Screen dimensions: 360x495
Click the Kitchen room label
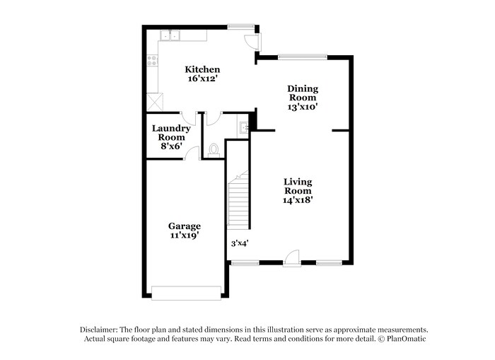pyautogui.click(x=202, y=69)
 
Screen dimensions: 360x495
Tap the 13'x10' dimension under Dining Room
pyautogui.click(x=302, y=108)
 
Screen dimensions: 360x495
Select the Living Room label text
pyautogui.click(x=298, y=186)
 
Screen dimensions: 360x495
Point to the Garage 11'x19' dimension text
pyautogui.click(x=183, y=236)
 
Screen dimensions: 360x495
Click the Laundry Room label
pyautogui.click(x=171, y=133)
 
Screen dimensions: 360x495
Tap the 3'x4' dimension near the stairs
pyautogui.click(x=239, y=244)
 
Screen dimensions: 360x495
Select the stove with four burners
pyautogui.click(x=151, y=62)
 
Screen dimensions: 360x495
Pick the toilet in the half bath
pyautogui.click(x=214, y=149)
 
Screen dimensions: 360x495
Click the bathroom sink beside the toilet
pyautogui.click(x=244, y=128)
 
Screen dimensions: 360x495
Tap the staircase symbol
pyautogui.click(x=238, y=200)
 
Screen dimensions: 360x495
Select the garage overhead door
pyautogui.click(x=187, y=292)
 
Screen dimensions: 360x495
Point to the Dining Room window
pyautogui.click(x=302, y=57)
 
